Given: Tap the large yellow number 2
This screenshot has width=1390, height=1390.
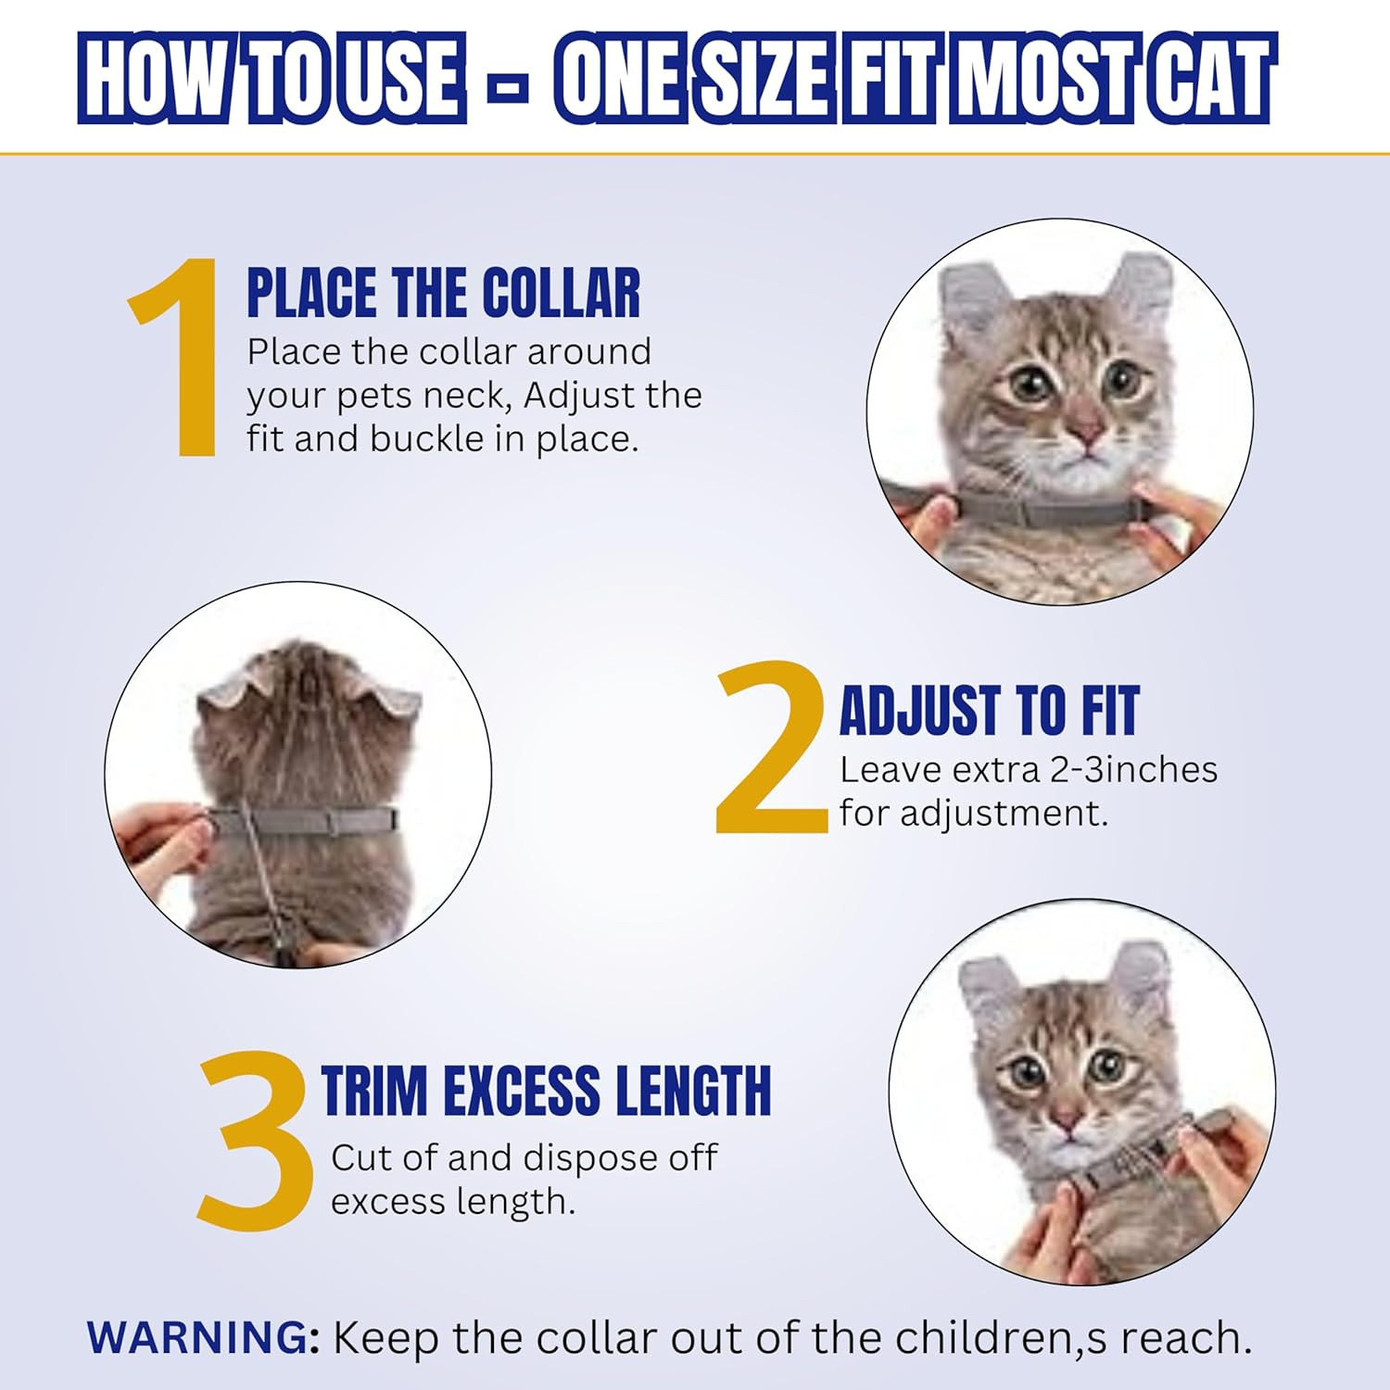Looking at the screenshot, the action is (772, 747).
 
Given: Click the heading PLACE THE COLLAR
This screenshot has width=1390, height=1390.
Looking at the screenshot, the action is (443, 293).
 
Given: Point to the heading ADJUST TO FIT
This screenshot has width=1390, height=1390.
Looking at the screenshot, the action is (989, 711).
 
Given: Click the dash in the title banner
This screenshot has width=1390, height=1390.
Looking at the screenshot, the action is (509, 91).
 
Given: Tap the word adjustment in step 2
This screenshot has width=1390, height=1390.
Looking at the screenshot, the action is (1004, 815).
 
